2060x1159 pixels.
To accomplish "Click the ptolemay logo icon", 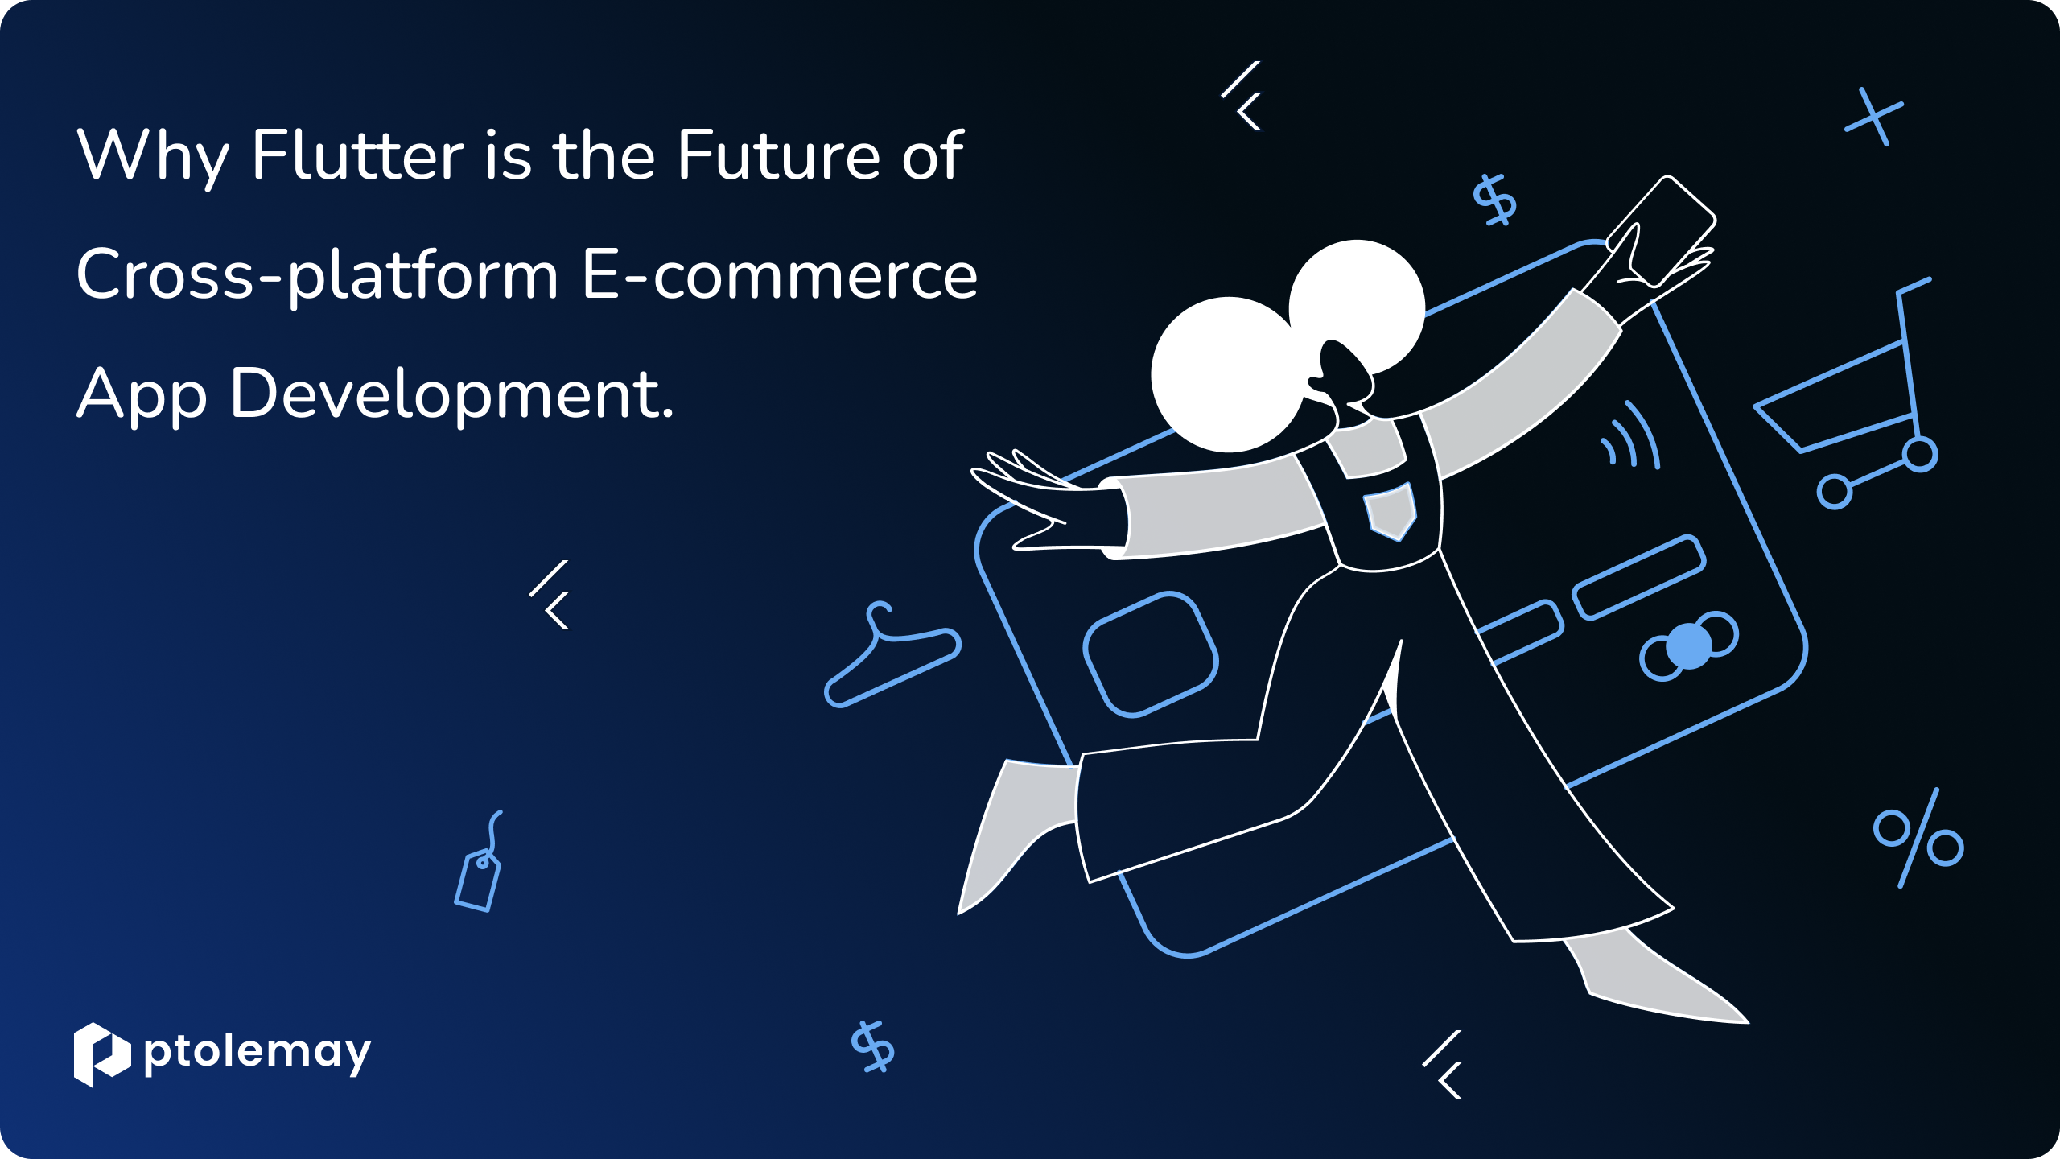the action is click(102, 1054).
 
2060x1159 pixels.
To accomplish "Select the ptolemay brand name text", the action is click(257, 1054).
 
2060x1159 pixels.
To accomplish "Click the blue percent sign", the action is click(1918, 838).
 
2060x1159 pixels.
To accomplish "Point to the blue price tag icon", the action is click(479, 862).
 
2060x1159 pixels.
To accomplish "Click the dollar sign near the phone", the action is click(1494, 200).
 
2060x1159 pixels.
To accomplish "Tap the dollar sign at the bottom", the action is click(873, 1046).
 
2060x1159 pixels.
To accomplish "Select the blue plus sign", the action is click(1874, 118).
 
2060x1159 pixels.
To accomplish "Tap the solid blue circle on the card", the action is click(1689, 646).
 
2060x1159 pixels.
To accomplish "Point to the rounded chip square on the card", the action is click(1151, 654).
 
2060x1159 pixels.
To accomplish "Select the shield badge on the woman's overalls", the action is click(1390, 512).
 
